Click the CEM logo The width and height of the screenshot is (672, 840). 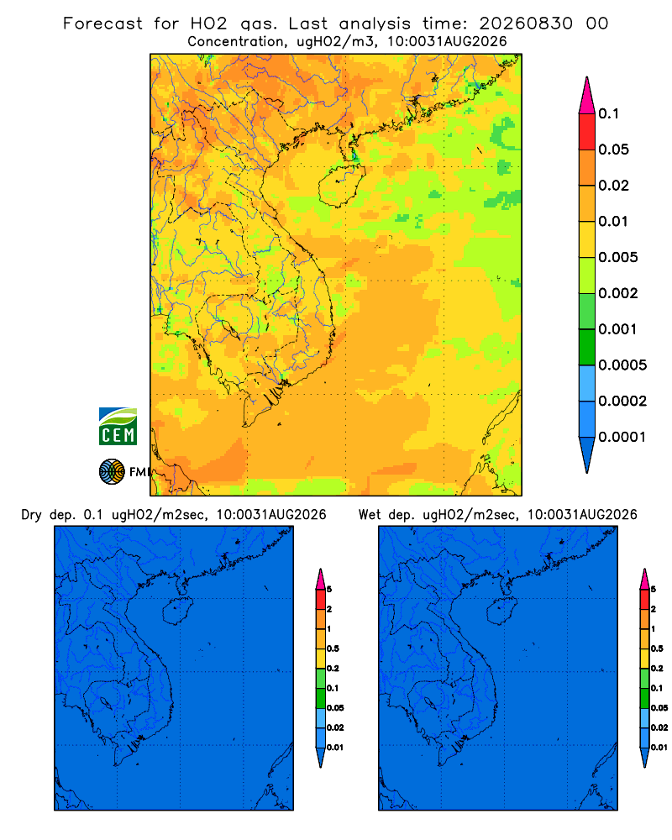[x=118, y=426]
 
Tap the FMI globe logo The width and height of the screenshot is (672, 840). [x=112, y=471]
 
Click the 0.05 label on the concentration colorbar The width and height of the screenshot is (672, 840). [x=613, y=150]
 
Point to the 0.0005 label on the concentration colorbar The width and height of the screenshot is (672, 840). [x=622, y=365]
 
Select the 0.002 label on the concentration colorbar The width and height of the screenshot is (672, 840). [x=618, y=293]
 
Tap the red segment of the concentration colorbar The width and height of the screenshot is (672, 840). [x=587, y=132]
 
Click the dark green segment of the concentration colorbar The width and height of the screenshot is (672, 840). [x=587, y=347]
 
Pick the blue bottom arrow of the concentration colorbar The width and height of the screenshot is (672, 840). [x=587, y=455]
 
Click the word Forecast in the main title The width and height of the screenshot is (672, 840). [x=102, y=24]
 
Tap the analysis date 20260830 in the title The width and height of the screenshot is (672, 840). [x=526, y=24]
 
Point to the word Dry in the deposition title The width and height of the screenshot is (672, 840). [x=31, y=515]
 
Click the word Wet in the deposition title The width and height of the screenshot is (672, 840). [x=370, y=515]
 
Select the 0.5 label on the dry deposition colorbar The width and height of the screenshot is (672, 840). [x=333, y=648]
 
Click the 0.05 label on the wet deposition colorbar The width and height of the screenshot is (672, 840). [x=659, y=707]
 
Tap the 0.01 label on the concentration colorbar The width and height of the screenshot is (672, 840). [x=613, y=221]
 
